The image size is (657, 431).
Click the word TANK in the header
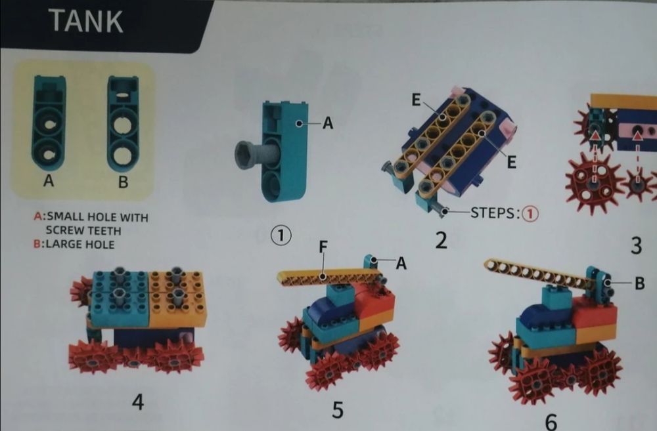click(x=86, y=21)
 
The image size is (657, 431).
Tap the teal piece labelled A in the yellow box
click(x=49, y=123)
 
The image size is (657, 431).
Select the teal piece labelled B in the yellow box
click(x=123, y=123)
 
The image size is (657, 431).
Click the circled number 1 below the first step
click(x=281, y=235)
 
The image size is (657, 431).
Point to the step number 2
click(x=442, y=241)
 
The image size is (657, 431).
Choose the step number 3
click(x=636, y=245)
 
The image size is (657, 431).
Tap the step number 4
click(x=138, y=402)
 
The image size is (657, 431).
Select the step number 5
click(x=338, y=410)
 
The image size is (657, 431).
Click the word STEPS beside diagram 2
click(x=493, y=213)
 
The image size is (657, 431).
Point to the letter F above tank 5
click(x=323, y=247)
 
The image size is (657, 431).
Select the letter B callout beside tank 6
click(x=639, y=283)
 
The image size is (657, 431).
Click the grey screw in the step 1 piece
click(x=256, y=154)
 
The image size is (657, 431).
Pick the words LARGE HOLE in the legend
click(x=80, y=245)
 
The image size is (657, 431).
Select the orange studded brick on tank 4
click(x=177, y=298)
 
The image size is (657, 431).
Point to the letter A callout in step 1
click(x=328, y=123)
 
